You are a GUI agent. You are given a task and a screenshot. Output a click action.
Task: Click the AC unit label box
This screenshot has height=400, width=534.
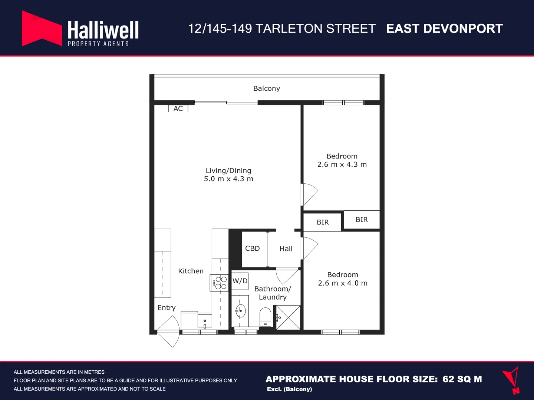pyautogui.click(x=178, y=109)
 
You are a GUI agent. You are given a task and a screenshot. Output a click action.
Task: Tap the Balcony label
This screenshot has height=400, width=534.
pyautogui.click(x=267, y=89)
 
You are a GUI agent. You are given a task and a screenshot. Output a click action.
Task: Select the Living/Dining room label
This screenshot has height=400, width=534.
pyautogui.click(x=228, y=170)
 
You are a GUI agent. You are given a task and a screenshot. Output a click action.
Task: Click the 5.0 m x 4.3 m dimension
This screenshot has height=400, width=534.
pyautogui.click(x=228, y=179)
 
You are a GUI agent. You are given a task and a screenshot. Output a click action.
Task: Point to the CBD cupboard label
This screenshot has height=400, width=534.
pyautogui.click(x=253, y=249)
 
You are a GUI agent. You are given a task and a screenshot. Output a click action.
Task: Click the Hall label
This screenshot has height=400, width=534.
pyautogui.click(x=286, y=249)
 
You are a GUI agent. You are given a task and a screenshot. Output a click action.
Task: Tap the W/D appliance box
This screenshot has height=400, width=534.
pyautogui.click(x=240, y=281)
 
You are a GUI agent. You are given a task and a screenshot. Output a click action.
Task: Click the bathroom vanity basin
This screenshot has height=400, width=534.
pyautogui.click(x=240, y=311)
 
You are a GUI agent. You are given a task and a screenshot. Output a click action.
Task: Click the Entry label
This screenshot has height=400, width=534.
pyautogui.click(x=167, y=308)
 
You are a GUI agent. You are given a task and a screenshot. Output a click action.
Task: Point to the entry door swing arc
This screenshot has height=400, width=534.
pyautogui.click(x=169, y=331)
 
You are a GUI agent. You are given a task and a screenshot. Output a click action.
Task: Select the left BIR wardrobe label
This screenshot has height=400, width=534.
pyautogui.click(x=323, y=222)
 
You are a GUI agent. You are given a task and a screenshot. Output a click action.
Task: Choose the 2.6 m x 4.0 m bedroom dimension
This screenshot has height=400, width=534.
pyautogui.click(x=343, y=283)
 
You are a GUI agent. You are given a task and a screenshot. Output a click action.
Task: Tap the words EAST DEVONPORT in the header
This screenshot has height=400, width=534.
pyautogui.click(x=444, y=29)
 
